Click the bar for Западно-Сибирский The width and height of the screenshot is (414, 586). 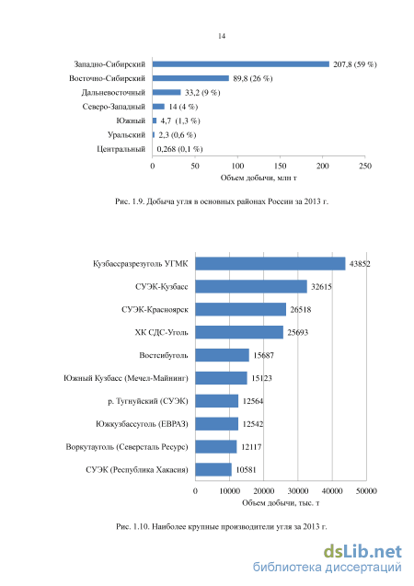241,64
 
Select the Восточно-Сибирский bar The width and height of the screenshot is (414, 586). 190,78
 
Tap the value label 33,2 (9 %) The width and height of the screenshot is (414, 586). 202,93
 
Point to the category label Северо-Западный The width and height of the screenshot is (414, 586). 113,107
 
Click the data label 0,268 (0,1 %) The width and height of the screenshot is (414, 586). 179,149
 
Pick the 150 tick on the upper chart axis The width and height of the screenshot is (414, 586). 280,166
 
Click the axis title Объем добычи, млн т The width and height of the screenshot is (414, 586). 259,178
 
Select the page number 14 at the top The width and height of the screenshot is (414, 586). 222,36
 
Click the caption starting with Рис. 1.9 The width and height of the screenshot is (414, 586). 222,201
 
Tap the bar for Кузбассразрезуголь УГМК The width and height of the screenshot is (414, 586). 270,263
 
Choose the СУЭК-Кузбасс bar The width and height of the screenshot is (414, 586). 251,287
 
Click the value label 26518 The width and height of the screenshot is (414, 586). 301,310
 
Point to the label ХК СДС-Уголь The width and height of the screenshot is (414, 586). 161,333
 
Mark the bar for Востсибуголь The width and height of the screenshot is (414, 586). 222,355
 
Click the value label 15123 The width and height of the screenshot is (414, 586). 261,378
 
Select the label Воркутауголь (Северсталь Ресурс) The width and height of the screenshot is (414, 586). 127,447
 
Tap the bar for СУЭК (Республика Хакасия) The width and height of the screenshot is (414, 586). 213,470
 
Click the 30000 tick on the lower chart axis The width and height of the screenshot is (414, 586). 298,491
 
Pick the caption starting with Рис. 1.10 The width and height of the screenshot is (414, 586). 222,527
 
